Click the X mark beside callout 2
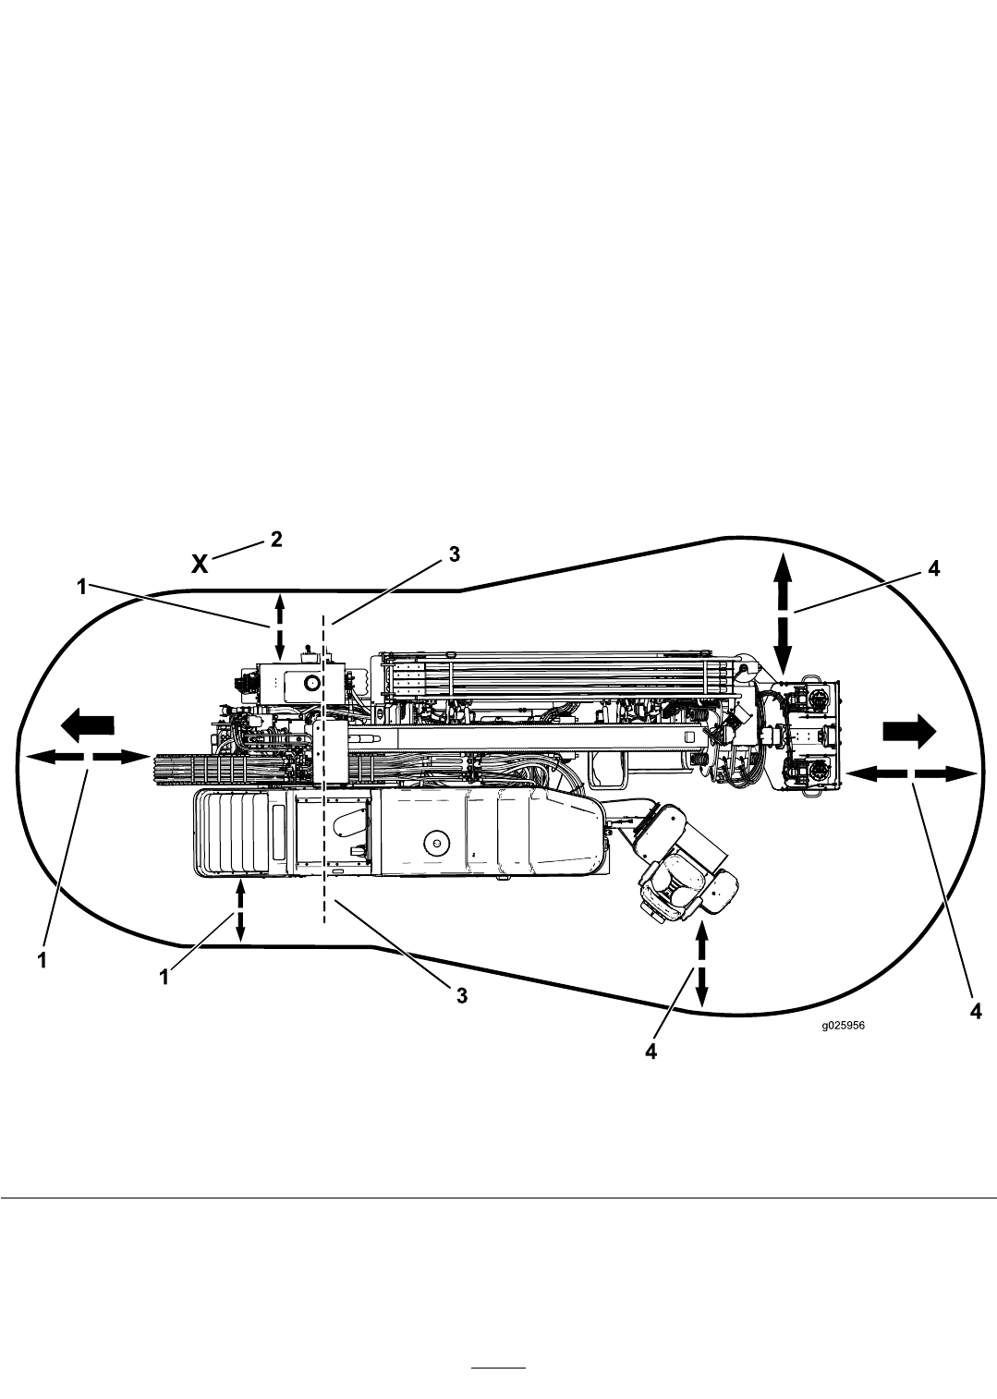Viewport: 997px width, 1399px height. coord(200,565)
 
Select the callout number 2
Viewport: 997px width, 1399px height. coord(276,539)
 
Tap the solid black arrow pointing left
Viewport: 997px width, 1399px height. coord(88,725)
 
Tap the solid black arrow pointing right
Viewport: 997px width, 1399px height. coord(909,730)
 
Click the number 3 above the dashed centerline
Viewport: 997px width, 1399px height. coord(454,554)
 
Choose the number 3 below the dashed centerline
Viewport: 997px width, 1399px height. coord(462,995)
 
